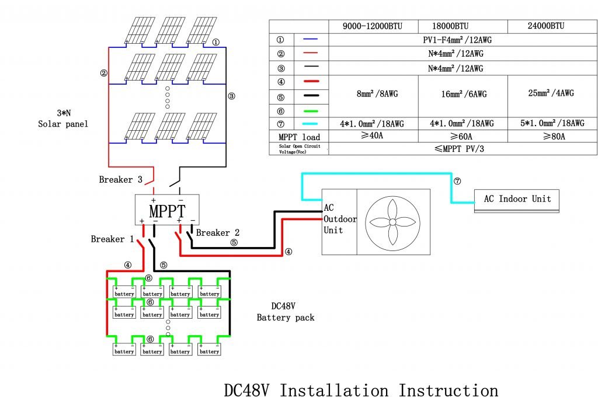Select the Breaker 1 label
[x=112, y=239]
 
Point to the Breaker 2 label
[x=218, y=233]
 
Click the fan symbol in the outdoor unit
[x=392, y=222]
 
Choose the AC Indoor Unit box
[x=517, y=199]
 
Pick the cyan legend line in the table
[x=311, y=124]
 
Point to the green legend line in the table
[x=311, y=110]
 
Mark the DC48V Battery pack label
[x=286, y=312]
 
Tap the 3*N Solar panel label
[x=62, y=119]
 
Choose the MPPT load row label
[x=298, y=137]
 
